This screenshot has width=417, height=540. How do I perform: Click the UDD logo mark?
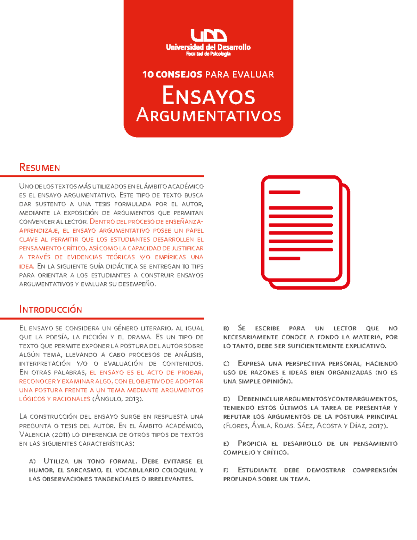tap(208, 35)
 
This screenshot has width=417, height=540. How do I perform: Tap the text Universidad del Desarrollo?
tap(208, 47)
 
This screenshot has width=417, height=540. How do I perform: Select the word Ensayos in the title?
tap(208, 96)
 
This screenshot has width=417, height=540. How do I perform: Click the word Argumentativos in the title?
tap(208, 115)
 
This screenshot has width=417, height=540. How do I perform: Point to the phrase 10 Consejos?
tap(172, 74)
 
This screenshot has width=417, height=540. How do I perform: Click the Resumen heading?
tap(40, 168)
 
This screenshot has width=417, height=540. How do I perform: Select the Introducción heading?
tap(51, 309)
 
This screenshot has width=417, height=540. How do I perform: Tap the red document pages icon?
tap(305, 232)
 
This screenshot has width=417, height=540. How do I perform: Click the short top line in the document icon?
tap(284, 192)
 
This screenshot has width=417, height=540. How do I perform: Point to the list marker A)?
tap(32, 461)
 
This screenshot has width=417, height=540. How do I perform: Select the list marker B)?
tap(226, 328)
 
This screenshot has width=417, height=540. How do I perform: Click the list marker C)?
tap(226, 364)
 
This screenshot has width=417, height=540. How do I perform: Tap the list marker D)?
tap(227, 399)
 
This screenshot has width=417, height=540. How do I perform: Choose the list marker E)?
tap(226, 444)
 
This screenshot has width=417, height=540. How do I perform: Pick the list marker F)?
tap(226, 470)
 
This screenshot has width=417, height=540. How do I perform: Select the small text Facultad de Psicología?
tap(208, 54)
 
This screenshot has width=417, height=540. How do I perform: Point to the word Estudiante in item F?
tap(257, 470)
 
